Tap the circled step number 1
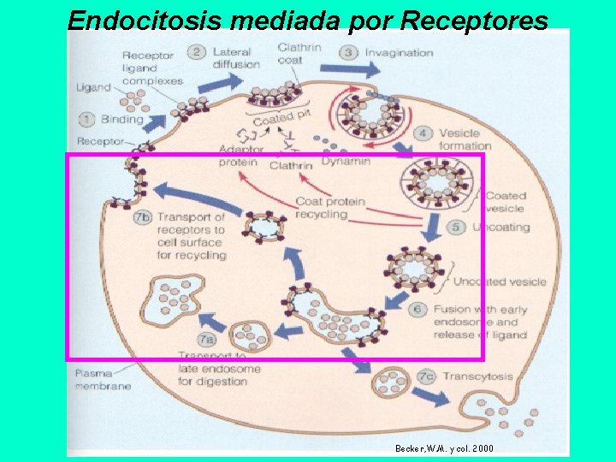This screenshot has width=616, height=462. [x=87, y=120]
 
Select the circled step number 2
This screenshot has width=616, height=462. [x=197, y=52]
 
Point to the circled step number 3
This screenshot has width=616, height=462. [x=349, y=52]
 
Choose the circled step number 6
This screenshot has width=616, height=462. [x=418, y=309]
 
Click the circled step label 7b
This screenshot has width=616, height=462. [x=142, y=218]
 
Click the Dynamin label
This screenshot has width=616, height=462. [x=346, y=161]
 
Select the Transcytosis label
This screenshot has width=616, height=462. [x=478, y=376]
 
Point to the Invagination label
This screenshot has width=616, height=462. [x=399, y=53]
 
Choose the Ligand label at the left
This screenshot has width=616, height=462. [x=93, y=87]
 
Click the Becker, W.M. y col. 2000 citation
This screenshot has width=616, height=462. [x=444, y=448]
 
